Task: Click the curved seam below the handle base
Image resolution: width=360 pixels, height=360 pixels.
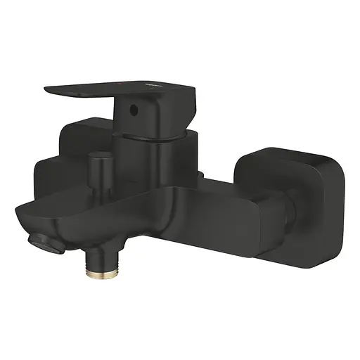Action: [151, 144]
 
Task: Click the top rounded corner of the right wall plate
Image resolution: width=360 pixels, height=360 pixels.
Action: [281, 151]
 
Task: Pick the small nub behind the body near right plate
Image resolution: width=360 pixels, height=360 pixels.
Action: [202, 175]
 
